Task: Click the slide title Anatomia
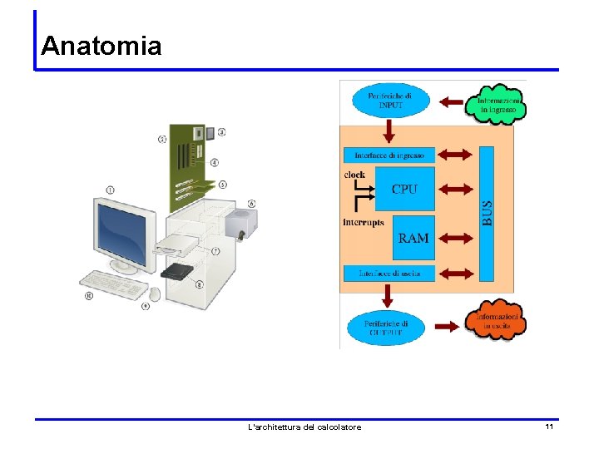coord(101,45)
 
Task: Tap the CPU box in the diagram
coord(404,189)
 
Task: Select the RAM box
coord(413,238)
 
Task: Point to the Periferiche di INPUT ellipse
coord(389,101)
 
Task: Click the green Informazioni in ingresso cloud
coord(498,103)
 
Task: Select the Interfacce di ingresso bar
coord(389,155)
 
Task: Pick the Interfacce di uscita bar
coord(389,273)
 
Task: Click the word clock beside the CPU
coord(354,175)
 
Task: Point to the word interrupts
coord(364,223)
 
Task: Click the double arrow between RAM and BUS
coord(455,239)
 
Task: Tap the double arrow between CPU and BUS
coord(455,189)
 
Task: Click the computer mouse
coord(155,294)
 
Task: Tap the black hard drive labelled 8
coord(178,271)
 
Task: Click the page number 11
coord(549,427)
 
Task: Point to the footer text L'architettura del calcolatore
coord(304,427)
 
